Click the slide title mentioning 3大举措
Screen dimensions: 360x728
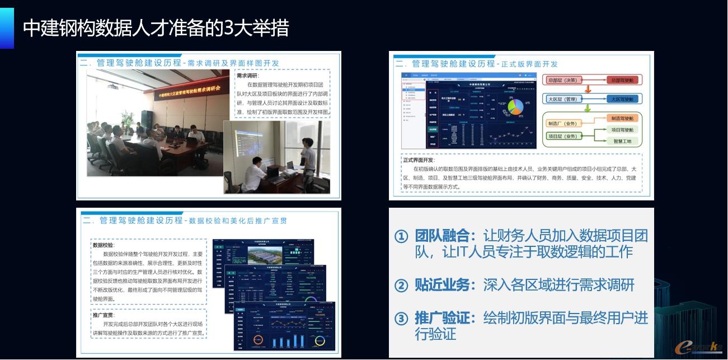coord(156,27)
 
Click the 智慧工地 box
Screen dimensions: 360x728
coord(622,141)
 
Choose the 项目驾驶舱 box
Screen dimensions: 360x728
coord(623,130)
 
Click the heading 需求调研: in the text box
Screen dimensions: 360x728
coord(248,76)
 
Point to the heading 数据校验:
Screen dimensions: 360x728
coord(104,245)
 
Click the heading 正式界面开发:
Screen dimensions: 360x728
coord(419,160)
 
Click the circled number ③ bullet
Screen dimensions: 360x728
coord(401,319)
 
